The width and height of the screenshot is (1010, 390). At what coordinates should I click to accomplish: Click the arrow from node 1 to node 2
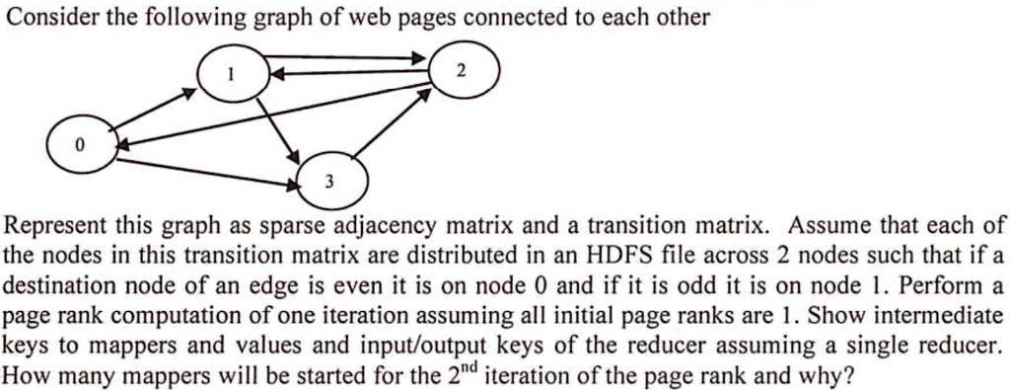pos(345,58)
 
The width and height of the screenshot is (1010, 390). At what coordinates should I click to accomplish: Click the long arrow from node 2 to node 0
pos(276,117)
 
